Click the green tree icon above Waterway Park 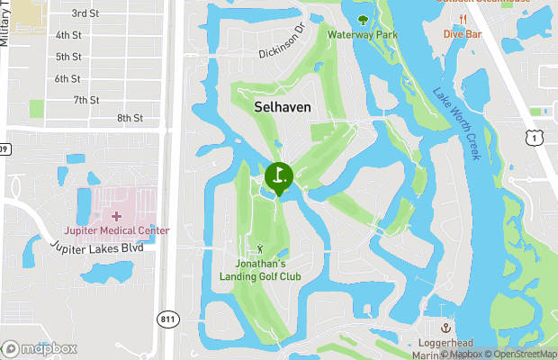point(363,19)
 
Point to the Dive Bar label point(463,34)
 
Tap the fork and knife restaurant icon point(463,19)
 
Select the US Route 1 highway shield point(536,135)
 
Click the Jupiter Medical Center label point(116,230)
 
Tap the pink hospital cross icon point(116,216)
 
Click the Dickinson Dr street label point(282,48)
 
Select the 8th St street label point(130,118)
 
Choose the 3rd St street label point(85,13)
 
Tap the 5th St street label point(68,57)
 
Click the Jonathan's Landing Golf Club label point(260,270)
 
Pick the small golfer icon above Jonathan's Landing point(261,247)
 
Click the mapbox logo point(40,348)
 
